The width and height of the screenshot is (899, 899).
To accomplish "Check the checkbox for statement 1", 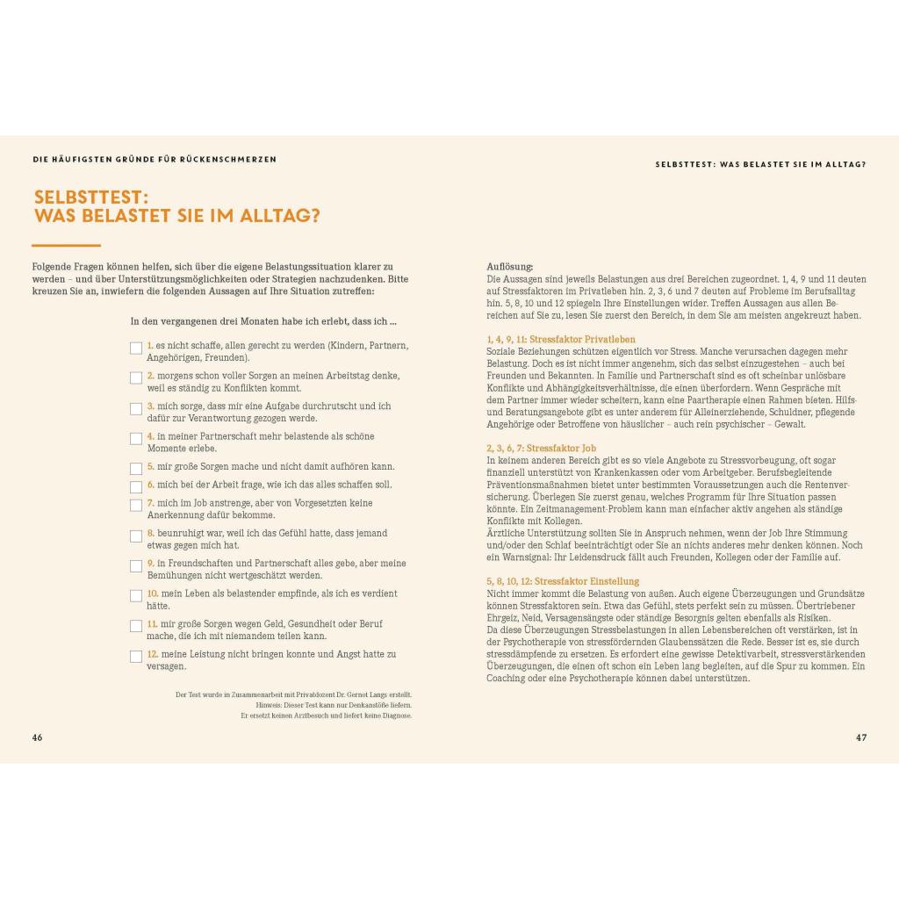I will [136, 348].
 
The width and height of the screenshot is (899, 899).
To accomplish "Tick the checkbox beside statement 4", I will [136, 438].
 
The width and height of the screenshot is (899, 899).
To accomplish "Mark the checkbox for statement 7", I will [136, 505].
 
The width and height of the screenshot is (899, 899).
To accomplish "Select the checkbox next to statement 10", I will [136, 595].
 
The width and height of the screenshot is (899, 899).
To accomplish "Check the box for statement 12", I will [136, 656].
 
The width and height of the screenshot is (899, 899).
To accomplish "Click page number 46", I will [37, 737].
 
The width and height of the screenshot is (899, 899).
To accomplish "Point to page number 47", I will [861, 737].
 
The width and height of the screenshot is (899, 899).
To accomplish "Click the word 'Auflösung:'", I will [509, 267].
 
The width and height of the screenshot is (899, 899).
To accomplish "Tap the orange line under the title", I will [66, 245].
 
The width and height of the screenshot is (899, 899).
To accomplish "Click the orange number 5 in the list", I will [150, 467].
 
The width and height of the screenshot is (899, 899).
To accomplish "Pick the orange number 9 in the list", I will [150, 564].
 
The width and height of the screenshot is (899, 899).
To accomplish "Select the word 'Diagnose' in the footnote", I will [394, 716].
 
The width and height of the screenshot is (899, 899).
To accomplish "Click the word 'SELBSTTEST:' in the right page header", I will [684, 164].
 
